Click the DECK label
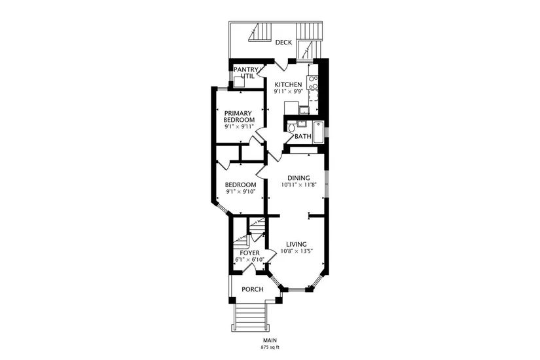[x=283, y=43]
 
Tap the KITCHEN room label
[x=288, y=84]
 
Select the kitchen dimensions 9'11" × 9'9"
[x=288, y=92]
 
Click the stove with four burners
[x=313, y=82]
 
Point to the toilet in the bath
[x=291, y=128]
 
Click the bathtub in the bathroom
[x=319, y=132]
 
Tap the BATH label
[x=302, y=136]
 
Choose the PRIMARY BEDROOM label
[x=239, y=117]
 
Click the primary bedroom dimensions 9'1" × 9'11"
[x=239, y=127]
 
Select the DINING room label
[x=298, y=178]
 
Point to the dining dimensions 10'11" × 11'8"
[x=298, y=185]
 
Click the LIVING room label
[x=296, y=245]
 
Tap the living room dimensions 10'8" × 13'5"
[x=296, y=251]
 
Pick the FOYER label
[x=249, y=253]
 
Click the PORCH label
[x=253, y=289]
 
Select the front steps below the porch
[x=250, y=317]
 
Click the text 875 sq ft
[x=270, y=348]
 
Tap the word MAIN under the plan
[x=270, y=340]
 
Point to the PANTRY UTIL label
[x=245, y=73]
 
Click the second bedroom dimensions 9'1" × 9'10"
[x=240, y=192]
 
